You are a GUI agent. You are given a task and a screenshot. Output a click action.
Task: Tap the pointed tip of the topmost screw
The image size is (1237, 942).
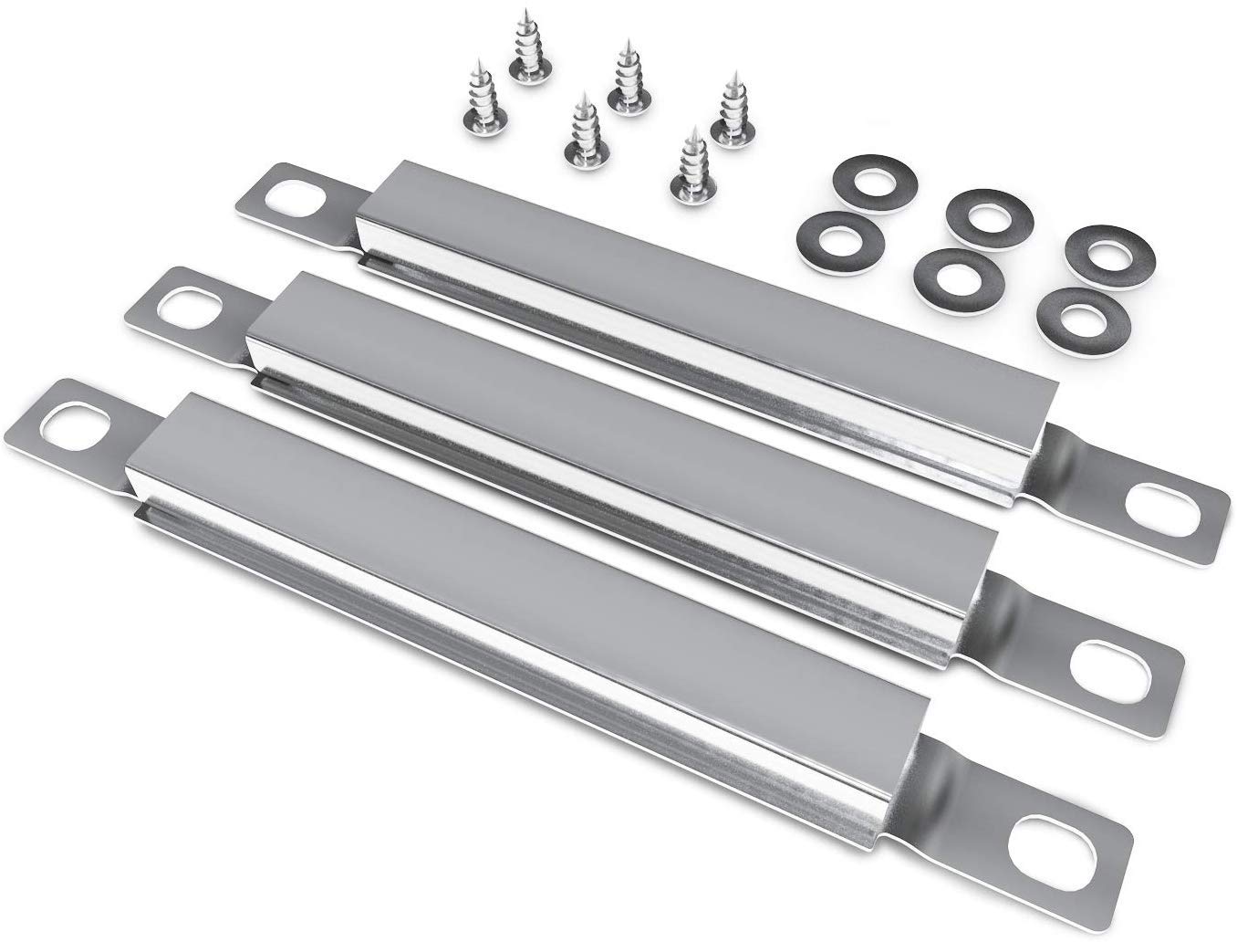point(526,13)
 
